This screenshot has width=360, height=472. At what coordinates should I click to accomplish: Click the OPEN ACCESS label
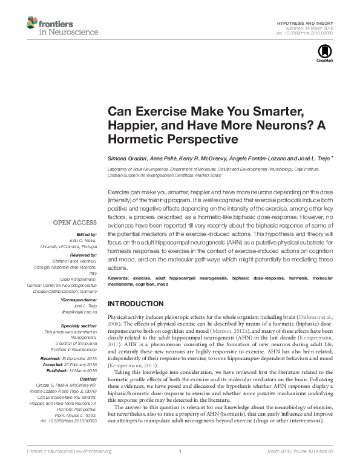click(76, 222)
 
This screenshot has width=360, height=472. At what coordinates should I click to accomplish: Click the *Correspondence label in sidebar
click(79, 300)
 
